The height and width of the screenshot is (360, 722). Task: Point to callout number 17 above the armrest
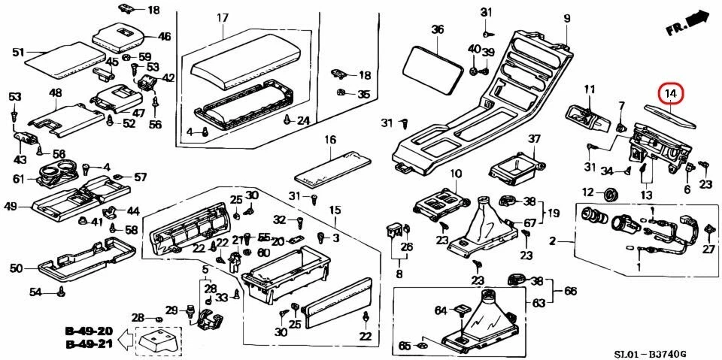pos(223,17)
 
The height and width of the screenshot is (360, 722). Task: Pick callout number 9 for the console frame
pos(566,18)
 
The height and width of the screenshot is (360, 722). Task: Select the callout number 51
pos(19,52)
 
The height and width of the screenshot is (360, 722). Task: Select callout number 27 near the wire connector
pos(708,249)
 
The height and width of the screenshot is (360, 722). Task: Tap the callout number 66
pos(570,291)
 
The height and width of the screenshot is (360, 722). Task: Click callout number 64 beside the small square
pos(441,310)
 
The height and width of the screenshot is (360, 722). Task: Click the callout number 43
pos(20,160)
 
